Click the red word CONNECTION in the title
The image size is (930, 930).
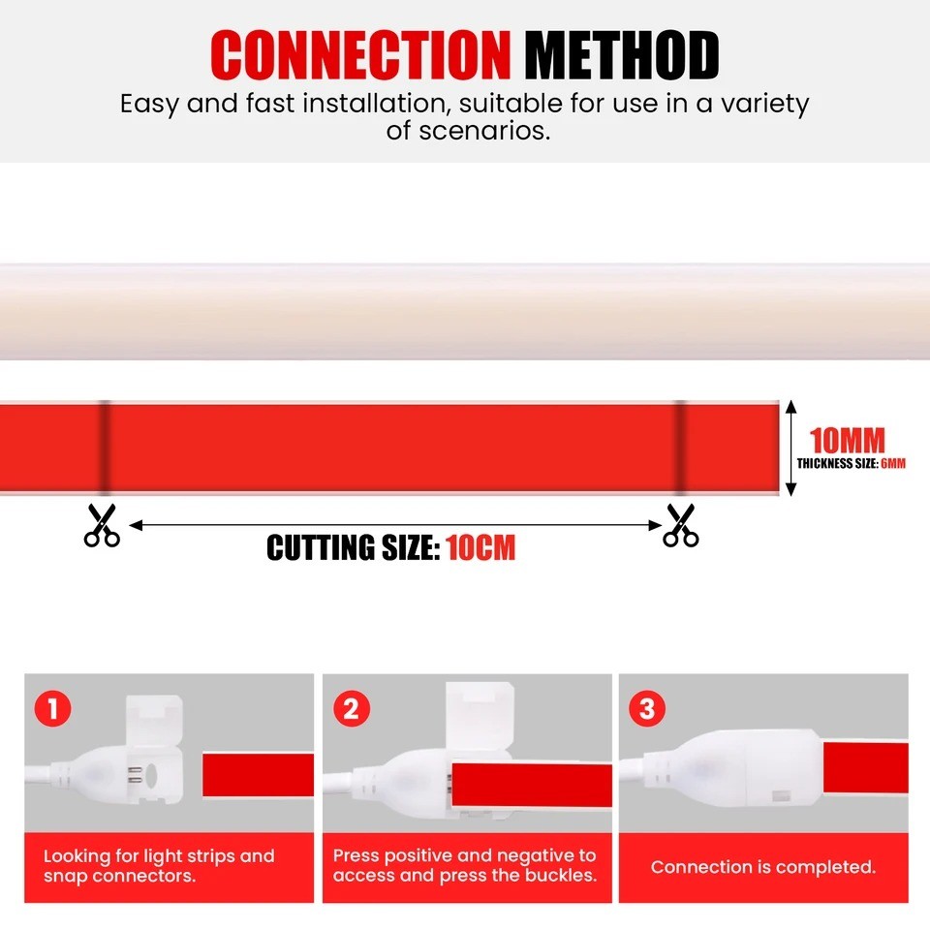point(360,54)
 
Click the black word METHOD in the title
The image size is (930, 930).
point(622,54)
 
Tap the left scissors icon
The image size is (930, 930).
point(102,525)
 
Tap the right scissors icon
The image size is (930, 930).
point(681,525)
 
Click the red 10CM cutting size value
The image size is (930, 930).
point(480,547)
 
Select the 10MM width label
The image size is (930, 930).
point(848,441)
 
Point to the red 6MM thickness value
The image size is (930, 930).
point(893,463)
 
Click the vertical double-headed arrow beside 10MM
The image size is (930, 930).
point(790,448)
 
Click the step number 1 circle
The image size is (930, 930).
point(52,709)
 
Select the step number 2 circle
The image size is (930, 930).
point(351,709)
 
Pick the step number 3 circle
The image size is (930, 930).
point(647,709)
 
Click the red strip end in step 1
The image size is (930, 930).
point(258,775)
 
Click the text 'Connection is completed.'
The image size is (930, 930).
point(763,867)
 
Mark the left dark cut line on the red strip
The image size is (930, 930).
point(105,448)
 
